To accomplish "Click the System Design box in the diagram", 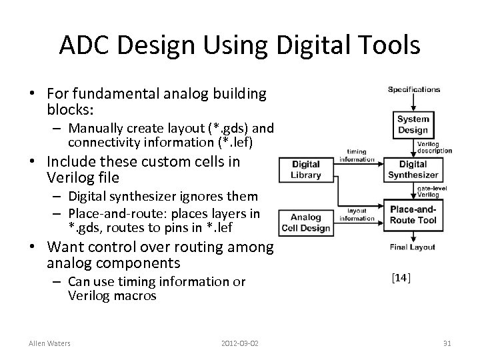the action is (413, 125).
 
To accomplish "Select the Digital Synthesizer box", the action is (413, 169).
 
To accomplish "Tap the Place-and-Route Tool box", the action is (413, 214).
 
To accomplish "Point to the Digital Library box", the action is (305, 169).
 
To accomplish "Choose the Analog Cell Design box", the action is (305, 221).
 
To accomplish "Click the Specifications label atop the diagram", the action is (414, 89).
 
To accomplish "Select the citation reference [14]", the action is (401, 277).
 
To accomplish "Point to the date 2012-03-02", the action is (240, 343).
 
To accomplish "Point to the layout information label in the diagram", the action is (357, 214).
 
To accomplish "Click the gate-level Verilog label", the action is (433, 191).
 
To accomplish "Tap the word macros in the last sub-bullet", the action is (135, 295).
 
